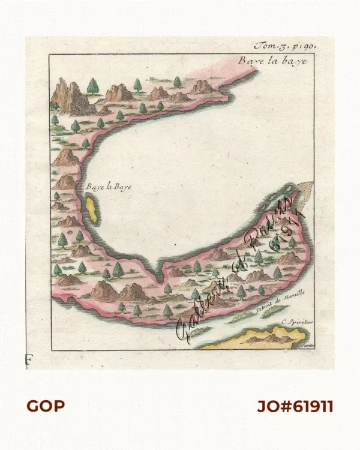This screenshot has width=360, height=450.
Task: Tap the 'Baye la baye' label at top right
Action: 272,61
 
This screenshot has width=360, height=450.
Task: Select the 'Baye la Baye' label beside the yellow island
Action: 108,187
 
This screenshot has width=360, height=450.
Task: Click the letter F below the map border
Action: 28,360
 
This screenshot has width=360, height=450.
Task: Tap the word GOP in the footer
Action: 46,406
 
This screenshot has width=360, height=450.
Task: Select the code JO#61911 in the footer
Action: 295,406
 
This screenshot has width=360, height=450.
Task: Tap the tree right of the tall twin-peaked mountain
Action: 92,87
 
